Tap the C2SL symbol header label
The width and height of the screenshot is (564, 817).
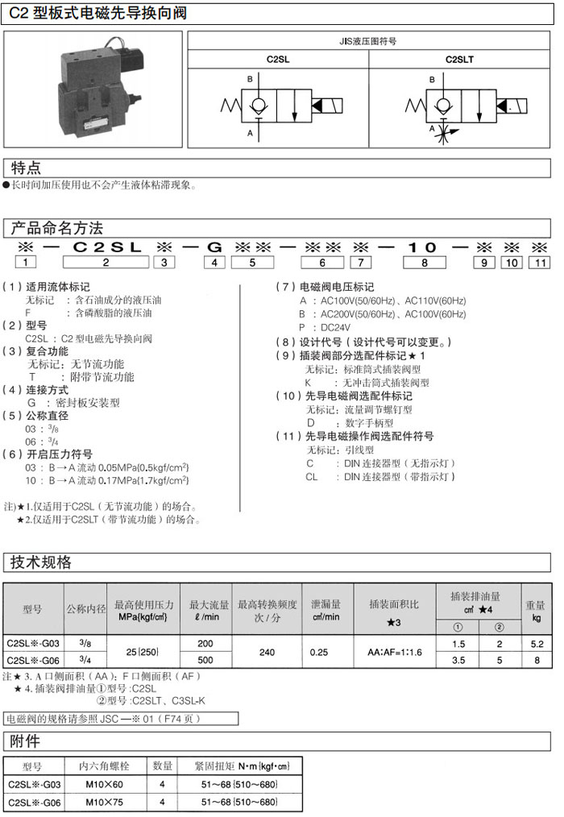pos(278,59)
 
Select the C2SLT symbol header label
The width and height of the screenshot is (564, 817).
pos(460,59)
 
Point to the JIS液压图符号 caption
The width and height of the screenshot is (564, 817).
pos(369,40)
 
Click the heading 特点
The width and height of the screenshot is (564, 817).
pos(25,168)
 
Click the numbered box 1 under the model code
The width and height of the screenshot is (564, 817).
pos(26,262)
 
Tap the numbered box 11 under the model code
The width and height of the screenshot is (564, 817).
pos(541,262)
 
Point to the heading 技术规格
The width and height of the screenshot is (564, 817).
pos(40,562)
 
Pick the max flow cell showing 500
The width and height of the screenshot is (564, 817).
pos(205,658)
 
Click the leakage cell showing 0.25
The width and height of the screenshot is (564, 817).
pos(319,651)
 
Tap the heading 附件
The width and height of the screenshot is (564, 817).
pos(25,740)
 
